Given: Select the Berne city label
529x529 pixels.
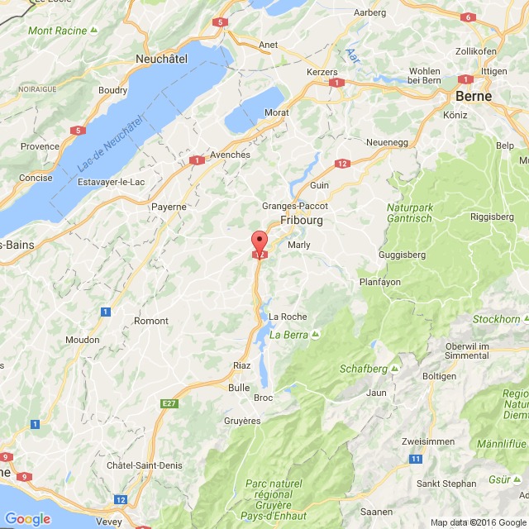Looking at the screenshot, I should coord(474,96).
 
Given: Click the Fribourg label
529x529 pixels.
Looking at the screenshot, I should coord(302,221).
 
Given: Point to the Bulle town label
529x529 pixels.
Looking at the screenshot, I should coord(238,387).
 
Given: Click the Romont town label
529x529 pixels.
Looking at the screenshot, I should coord(150,321).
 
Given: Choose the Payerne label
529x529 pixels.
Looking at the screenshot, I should coord(169,207).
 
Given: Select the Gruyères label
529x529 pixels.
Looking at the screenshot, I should coord(242,421).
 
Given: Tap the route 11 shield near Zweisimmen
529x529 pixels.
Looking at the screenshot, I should coord(416,459).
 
